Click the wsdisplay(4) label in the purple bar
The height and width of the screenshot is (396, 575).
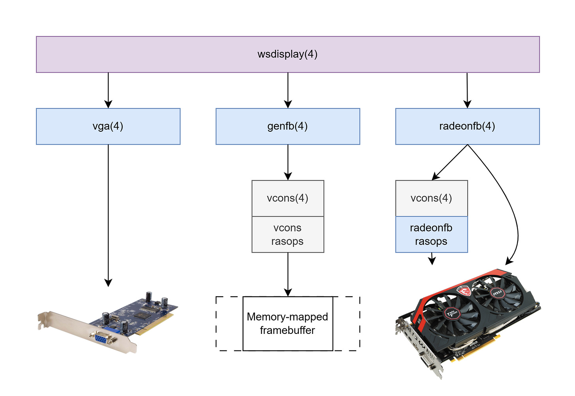point(287,54)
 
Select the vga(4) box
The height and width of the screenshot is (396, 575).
point(108,126)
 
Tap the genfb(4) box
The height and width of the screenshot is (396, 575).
point(288,126)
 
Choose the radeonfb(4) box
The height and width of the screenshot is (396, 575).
point(468,126)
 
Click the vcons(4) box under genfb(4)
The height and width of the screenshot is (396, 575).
point(288,198)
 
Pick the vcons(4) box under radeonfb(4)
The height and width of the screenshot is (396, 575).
point(432,198)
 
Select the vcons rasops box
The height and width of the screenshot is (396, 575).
point(288,235)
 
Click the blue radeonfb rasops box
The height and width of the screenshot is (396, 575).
point(432,235)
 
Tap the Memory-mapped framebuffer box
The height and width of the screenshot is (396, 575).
point(288,324)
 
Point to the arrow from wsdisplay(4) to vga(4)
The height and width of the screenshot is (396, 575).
point(108,90)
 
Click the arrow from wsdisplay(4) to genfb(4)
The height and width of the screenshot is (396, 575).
point(288,90)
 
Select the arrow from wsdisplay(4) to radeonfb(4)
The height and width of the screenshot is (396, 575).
point(467,90)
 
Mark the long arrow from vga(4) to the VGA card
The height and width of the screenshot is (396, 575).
point(108,216)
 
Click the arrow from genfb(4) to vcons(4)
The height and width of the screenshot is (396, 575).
point(288,162)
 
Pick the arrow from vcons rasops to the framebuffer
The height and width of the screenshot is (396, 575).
point(288,275)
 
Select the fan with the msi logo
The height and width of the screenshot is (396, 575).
point(497,293)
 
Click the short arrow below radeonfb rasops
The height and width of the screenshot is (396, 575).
point(432,259)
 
